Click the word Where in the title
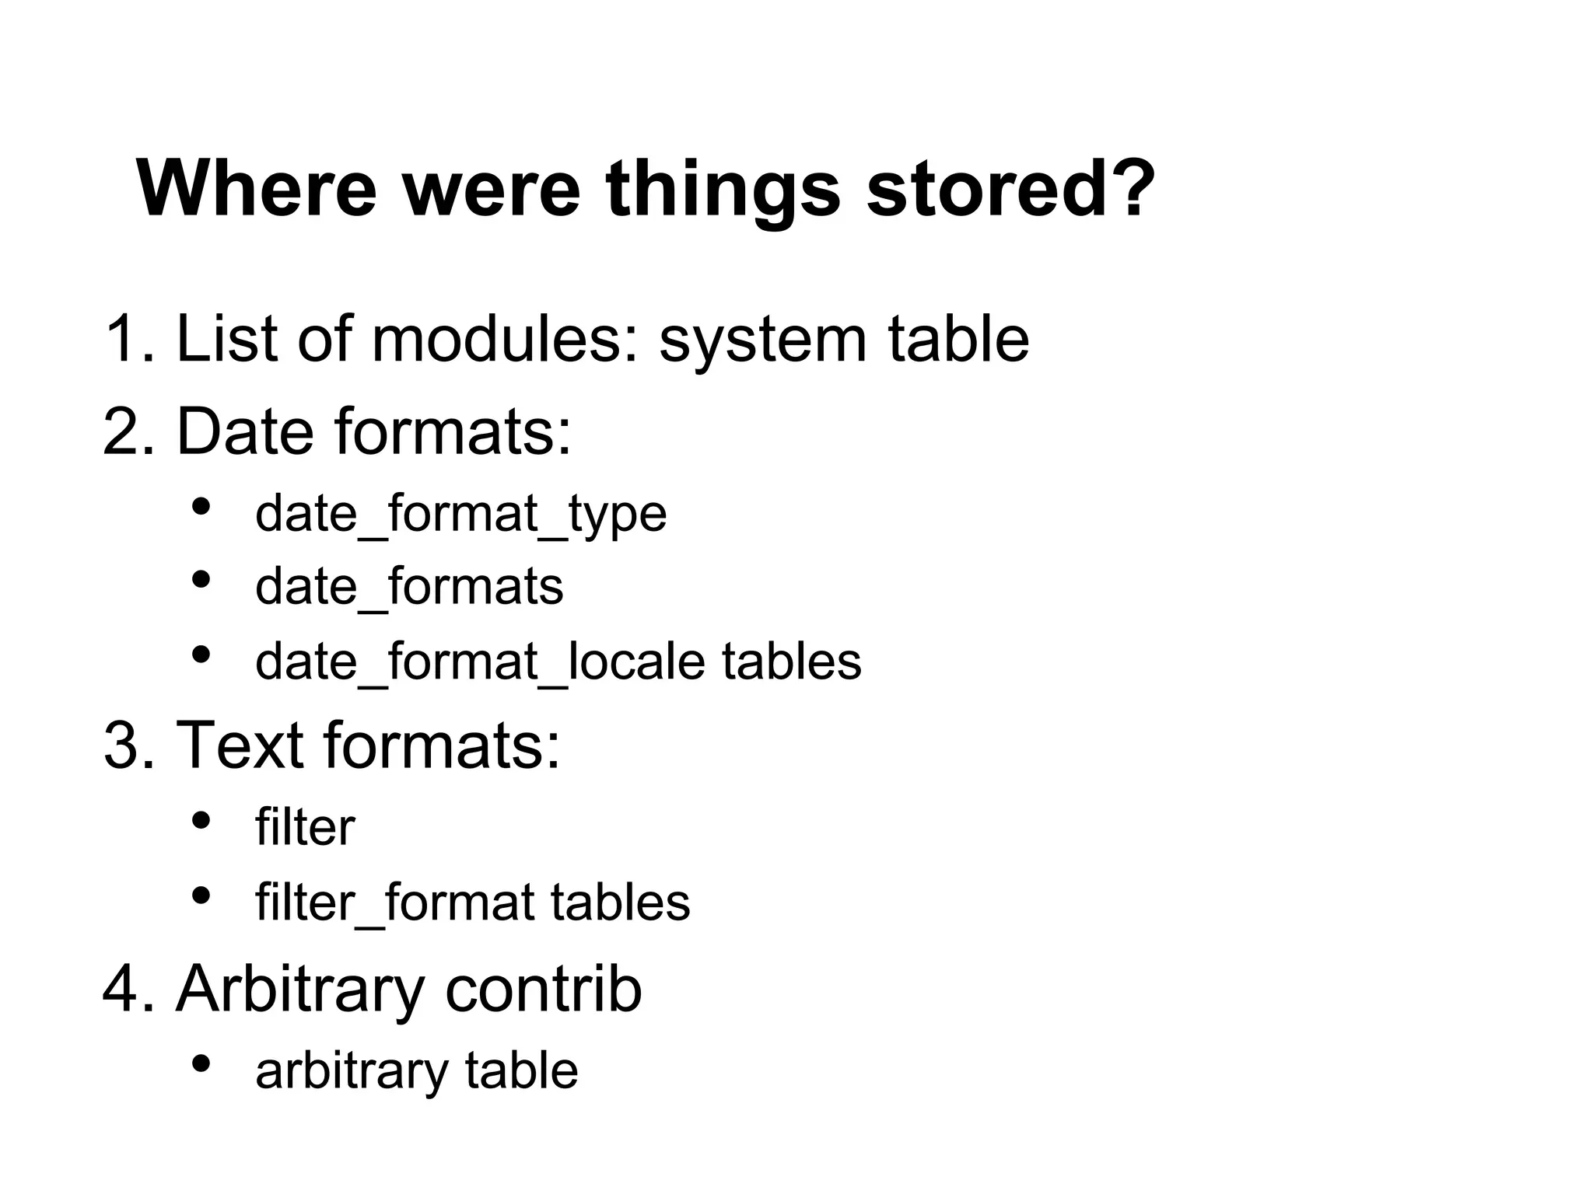pos(257,189)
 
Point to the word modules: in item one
pos(506,339)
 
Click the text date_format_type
pos(460,515)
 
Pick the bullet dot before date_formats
pos(201,580)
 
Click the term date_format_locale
pos(479,662)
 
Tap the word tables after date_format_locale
pos(791,662)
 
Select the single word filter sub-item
pos(305,827)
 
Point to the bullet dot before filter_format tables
pos(201,896)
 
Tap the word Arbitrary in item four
pos(299,990)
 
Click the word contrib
pos(543,989)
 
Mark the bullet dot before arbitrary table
pos(201,1063)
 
